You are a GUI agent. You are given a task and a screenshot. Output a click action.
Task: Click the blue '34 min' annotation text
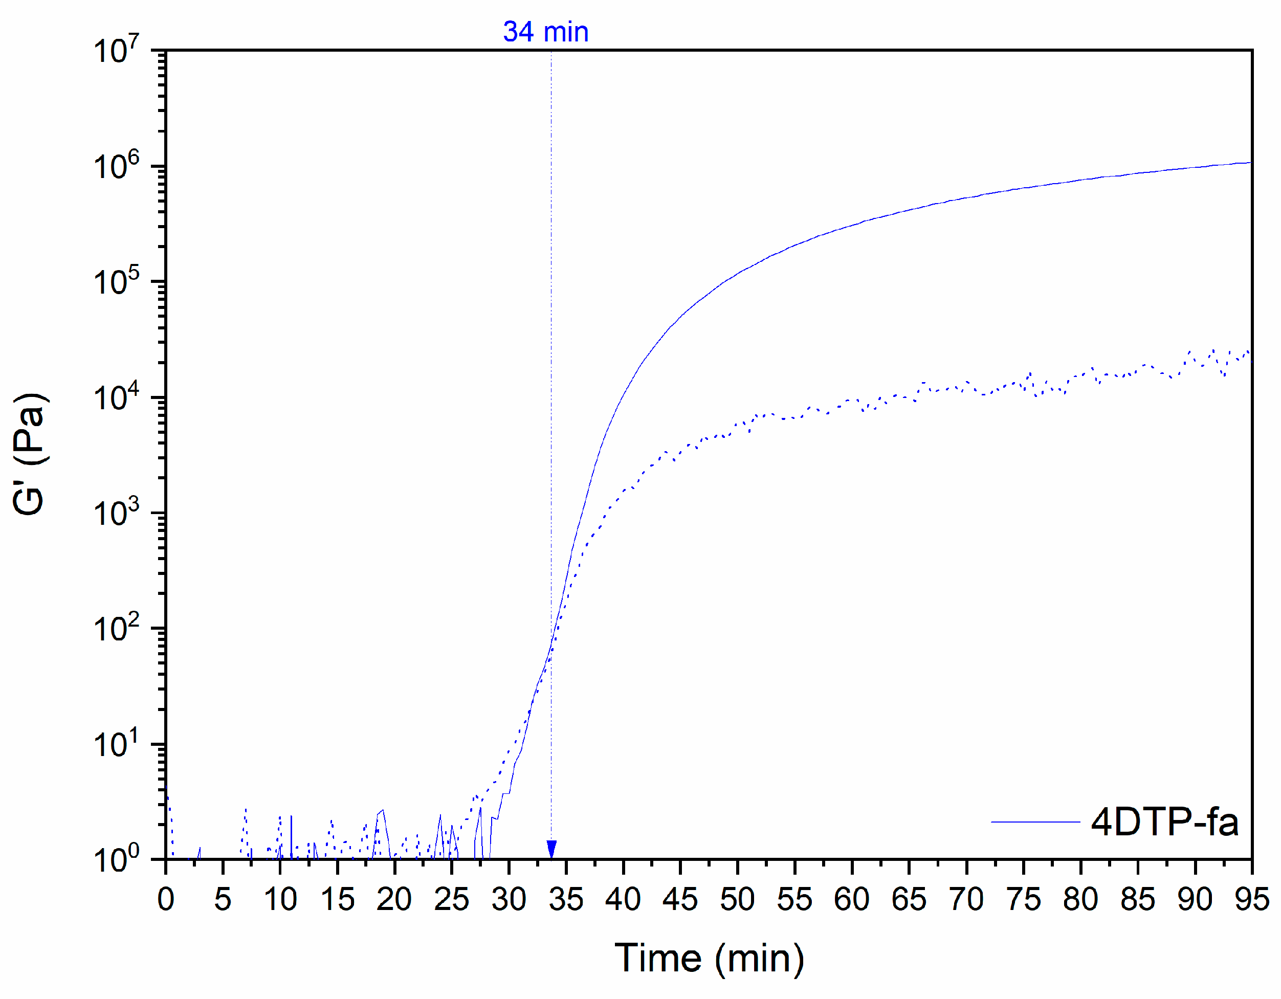pyautogui.click(x=545, y=32)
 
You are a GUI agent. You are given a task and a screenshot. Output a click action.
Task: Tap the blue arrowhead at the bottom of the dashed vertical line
pyautogui.click(x=551, y=849)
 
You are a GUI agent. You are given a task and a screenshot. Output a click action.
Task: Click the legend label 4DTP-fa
pyautogui.click(x=1164, y=822)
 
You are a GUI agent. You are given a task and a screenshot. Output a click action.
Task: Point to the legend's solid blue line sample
pyautogui.click(x=1035, y=822)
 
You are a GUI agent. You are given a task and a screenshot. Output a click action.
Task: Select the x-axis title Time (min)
pyautogui.click(x=709, y=958)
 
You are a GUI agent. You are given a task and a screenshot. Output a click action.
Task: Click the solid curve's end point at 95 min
pyautogui.click(x=1250, y=163)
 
